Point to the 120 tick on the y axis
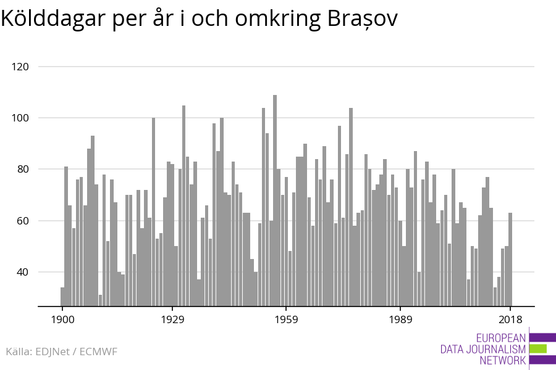pyautogui.click(x=20, y=67)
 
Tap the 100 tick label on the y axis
pyautogui.click(x=20, y=118)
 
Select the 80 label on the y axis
pyautogui.click(x=22, y=170)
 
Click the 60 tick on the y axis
pyautogui.click(x=22, y=221)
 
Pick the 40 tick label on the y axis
pyautogui.click(x=22, y=272)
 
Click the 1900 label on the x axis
pyautogui.click(x=62, y=319)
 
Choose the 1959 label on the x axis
pyautogui.click(x=286, y=319)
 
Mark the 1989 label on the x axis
pyautogui.click(x=400, y=319)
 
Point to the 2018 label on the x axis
pyautogui.click(x=510, y=319)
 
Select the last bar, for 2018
pyautogui.click(x=510, y=259)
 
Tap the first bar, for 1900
pyautogui.click(x=62, y=297)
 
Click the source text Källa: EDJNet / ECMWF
pyautogui.click(x=61, y=352)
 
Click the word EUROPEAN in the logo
pyautogui.click(x=501, y=338)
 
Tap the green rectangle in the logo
pyautogui.click(x=538, y=349)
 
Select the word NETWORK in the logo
pyautogui.click(x=503, y=361)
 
